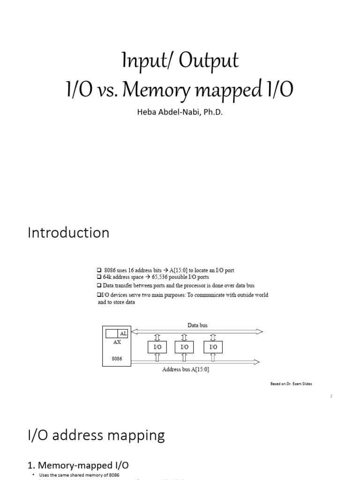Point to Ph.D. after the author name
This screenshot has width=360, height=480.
click(x=209, y=112)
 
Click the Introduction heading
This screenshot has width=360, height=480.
click(x=68, y=233)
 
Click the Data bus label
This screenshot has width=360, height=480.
click(x=197, y=325)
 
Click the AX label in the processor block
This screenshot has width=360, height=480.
click(x=117, y=342)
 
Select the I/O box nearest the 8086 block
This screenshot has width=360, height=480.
click(x=157, y=347)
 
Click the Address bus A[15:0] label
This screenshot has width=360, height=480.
click(x=186, y=369)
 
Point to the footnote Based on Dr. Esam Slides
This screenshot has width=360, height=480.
click(x=291, y=383)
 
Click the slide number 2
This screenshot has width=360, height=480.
click(x=331, y=396)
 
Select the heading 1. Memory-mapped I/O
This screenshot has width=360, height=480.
click(x=78, y=465)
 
